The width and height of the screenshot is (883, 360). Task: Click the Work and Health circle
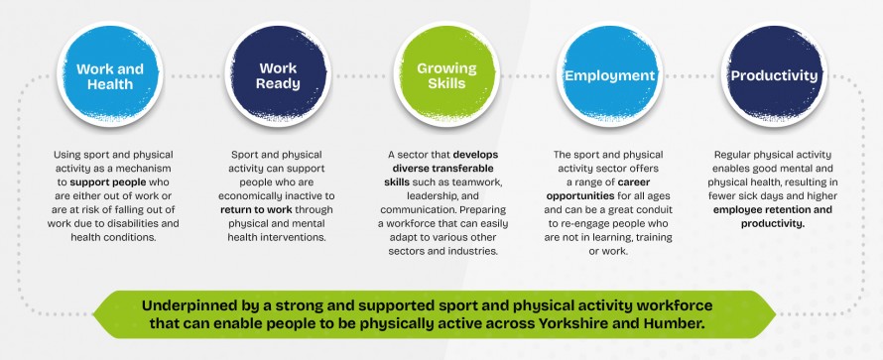(x=110, y=75)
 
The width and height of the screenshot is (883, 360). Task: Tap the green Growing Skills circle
(x=446, y=75)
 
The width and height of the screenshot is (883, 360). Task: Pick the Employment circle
(x=610, y=75)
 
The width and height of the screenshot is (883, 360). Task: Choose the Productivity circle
(x=774, y=75)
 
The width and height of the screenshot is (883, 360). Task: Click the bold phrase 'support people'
(x=107, y=182)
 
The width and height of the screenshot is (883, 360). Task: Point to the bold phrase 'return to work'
(x=256, y=210)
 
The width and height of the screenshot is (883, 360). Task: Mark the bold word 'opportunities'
(x=580, y=196)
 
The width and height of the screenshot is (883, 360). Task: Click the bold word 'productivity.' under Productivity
(x=773, y=224)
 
